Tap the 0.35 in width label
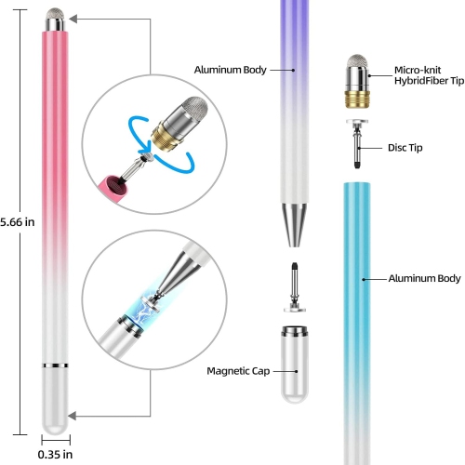click(55, 455)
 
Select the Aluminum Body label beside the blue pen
click(423, 278)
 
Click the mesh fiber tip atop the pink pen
click(55, 18)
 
